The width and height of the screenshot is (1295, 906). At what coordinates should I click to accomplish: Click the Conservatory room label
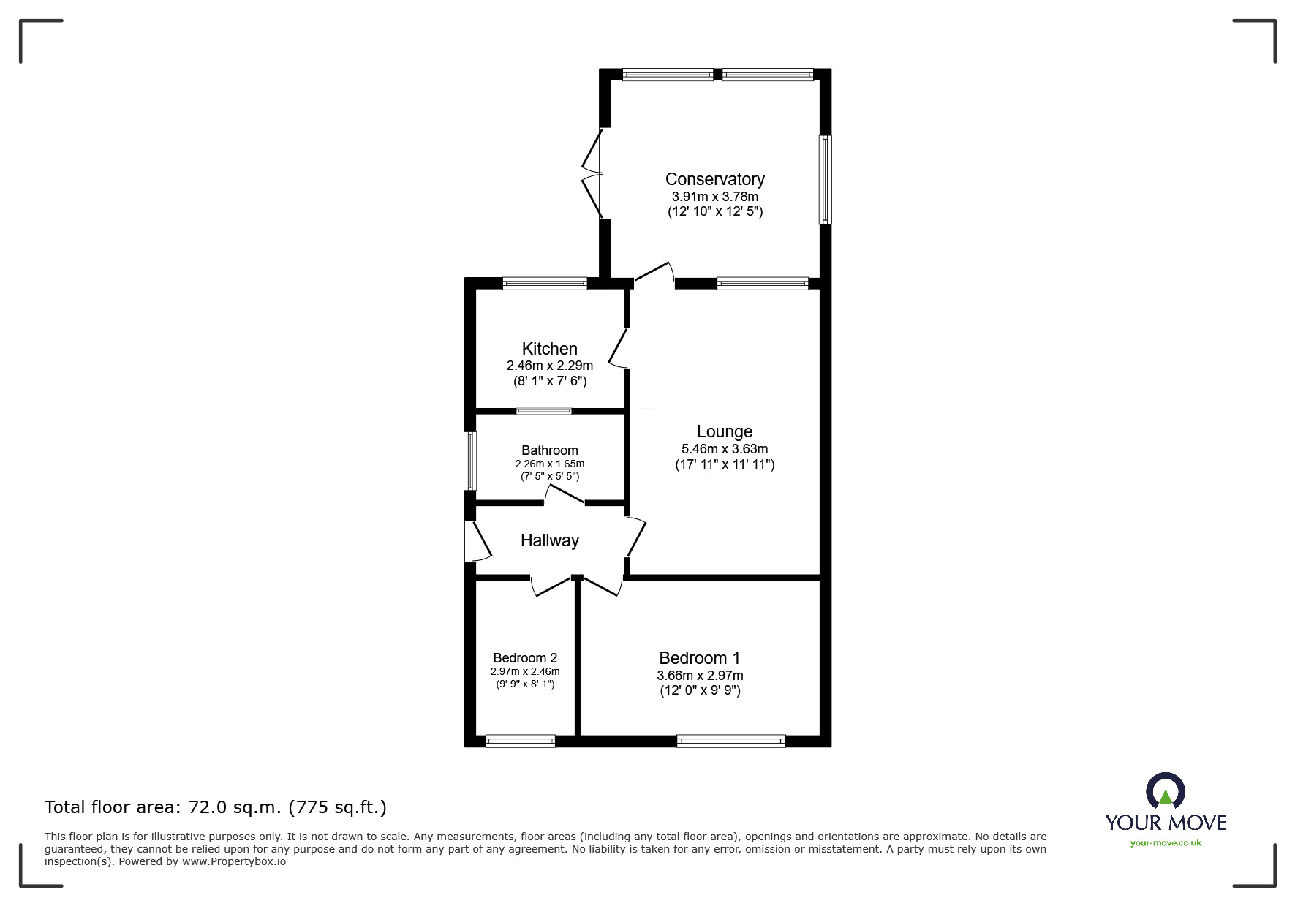(714, 179)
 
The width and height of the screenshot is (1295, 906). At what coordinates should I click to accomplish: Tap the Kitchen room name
(550, 349)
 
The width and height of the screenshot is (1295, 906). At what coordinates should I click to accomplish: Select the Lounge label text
(725, 432)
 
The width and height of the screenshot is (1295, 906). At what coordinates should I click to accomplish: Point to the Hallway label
(550, 540)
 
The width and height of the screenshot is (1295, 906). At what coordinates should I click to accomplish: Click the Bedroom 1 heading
(700, 658)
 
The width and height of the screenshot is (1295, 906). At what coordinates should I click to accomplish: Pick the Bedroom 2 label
(525, 658)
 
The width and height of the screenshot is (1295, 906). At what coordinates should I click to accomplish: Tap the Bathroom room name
(550, 450)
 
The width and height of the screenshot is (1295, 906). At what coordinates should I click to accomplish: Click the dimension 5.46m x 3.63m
(725, 449)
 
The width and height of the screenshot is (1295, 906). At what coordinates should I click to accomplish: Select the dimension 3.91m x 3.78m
(714, 197)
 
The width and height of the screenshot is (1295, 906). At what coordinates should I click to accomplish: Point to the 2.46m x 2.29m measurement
(550, 366)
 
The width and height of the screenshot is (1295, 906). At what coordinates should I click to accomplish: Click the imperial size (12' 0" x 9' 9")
(700, 690)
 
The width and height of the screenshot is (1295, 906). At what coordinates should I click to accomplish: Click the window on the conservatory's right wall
(825, 179)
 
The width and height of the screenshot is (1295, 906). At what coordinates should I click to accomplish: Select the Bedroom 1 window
(731, 741)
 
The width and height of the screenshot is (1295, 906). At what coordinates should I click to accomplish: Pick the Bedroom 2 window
(521, 741)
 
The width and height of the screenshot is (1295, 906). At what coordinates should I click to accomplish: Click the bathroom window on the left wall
(470, 461)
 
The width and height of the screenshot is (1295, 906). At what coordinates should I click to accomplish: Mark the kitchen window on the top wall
(545, 284)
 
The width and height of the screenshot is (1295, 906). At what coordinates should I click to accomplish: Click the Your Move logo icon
(1165, 791)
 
